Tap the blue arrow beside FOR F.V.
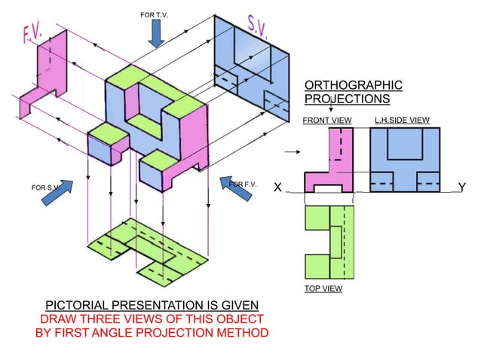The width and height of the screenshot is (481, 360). (x=240, y=193)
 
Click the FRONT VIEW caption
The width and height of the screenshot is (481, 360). (x=326, y=121)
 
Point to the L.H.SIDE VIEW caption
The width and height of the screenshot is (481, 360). (x=402, y=121)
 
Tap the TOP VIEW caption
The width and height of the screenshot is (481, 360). (x=323, y=288)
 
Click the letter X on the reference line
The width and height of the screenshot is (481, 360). (x=278, y=188)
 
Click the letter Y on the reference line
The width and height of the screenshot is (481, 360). (x=461, y=188)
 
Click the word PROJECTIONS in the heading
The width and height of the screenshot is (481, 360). (x=347, y=99)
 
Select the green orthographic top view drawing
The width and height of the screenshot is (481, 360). (x=329, y=241)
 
